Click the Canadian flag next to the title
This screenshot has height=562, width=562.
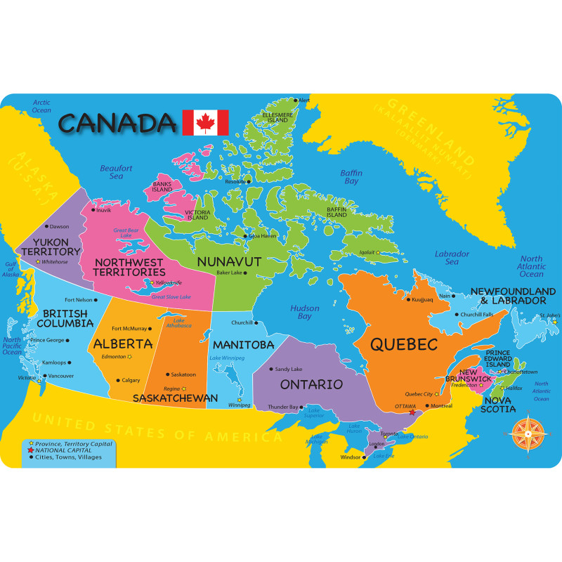[205, 123]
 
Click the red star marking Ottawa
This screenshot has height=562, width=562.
[412, 412]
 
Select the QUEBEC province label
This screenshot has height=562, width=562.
[404, 345]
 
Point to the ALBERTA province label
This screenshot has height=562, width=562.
[122, 344]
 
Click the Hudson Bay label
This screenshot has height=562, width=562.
[304, 311]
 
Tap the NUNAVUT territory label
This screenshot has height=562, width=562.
[229, 261]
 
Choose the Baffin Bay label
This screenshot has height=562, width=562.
[351, 176]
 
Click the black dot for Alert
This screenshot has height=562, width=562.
[296, 100]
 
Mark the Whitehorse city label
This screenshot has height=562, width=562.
[55, 261]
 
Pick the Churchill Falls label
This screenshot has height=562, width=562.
[477, 314]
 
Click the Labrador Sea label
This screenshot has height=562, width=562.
[446, 257]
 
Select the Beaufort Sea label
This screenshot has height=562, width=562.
[116, 172]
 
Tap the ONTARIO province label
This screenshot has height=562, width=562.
[311, 384]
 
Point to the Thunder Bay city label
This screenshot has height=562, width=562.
[284, 407]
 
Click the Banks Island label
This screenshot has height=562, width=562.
[162, 187]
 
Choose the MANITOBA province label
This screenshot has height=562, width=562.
[243, 345]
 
